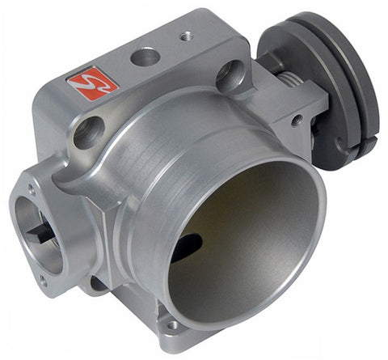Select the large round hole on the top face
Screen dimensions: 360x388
[145, 57]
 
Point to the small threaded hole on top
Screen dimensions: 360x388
[186, 36]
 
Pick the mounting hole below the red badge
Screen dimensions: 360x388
[88, 130]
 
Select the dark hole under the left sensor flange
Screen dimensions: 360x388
[97, 283]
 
